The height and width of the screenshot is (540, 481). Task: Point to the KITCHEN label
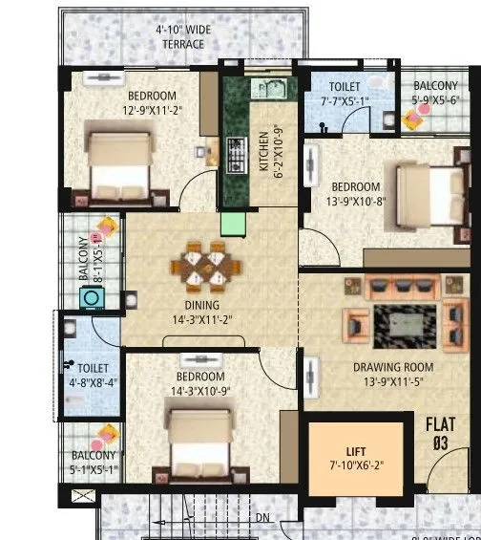tap(264, 154)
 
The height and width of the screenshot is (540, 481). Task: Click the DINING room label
tap(201, 306)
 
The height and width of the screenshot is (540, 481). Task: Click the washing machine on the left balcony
tap(93, 298)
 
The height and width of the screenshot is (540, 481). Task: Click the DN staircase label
tap(261, 518)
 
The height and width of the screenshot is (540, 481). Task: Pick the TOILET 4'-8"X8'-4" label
tap(94, 374)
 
